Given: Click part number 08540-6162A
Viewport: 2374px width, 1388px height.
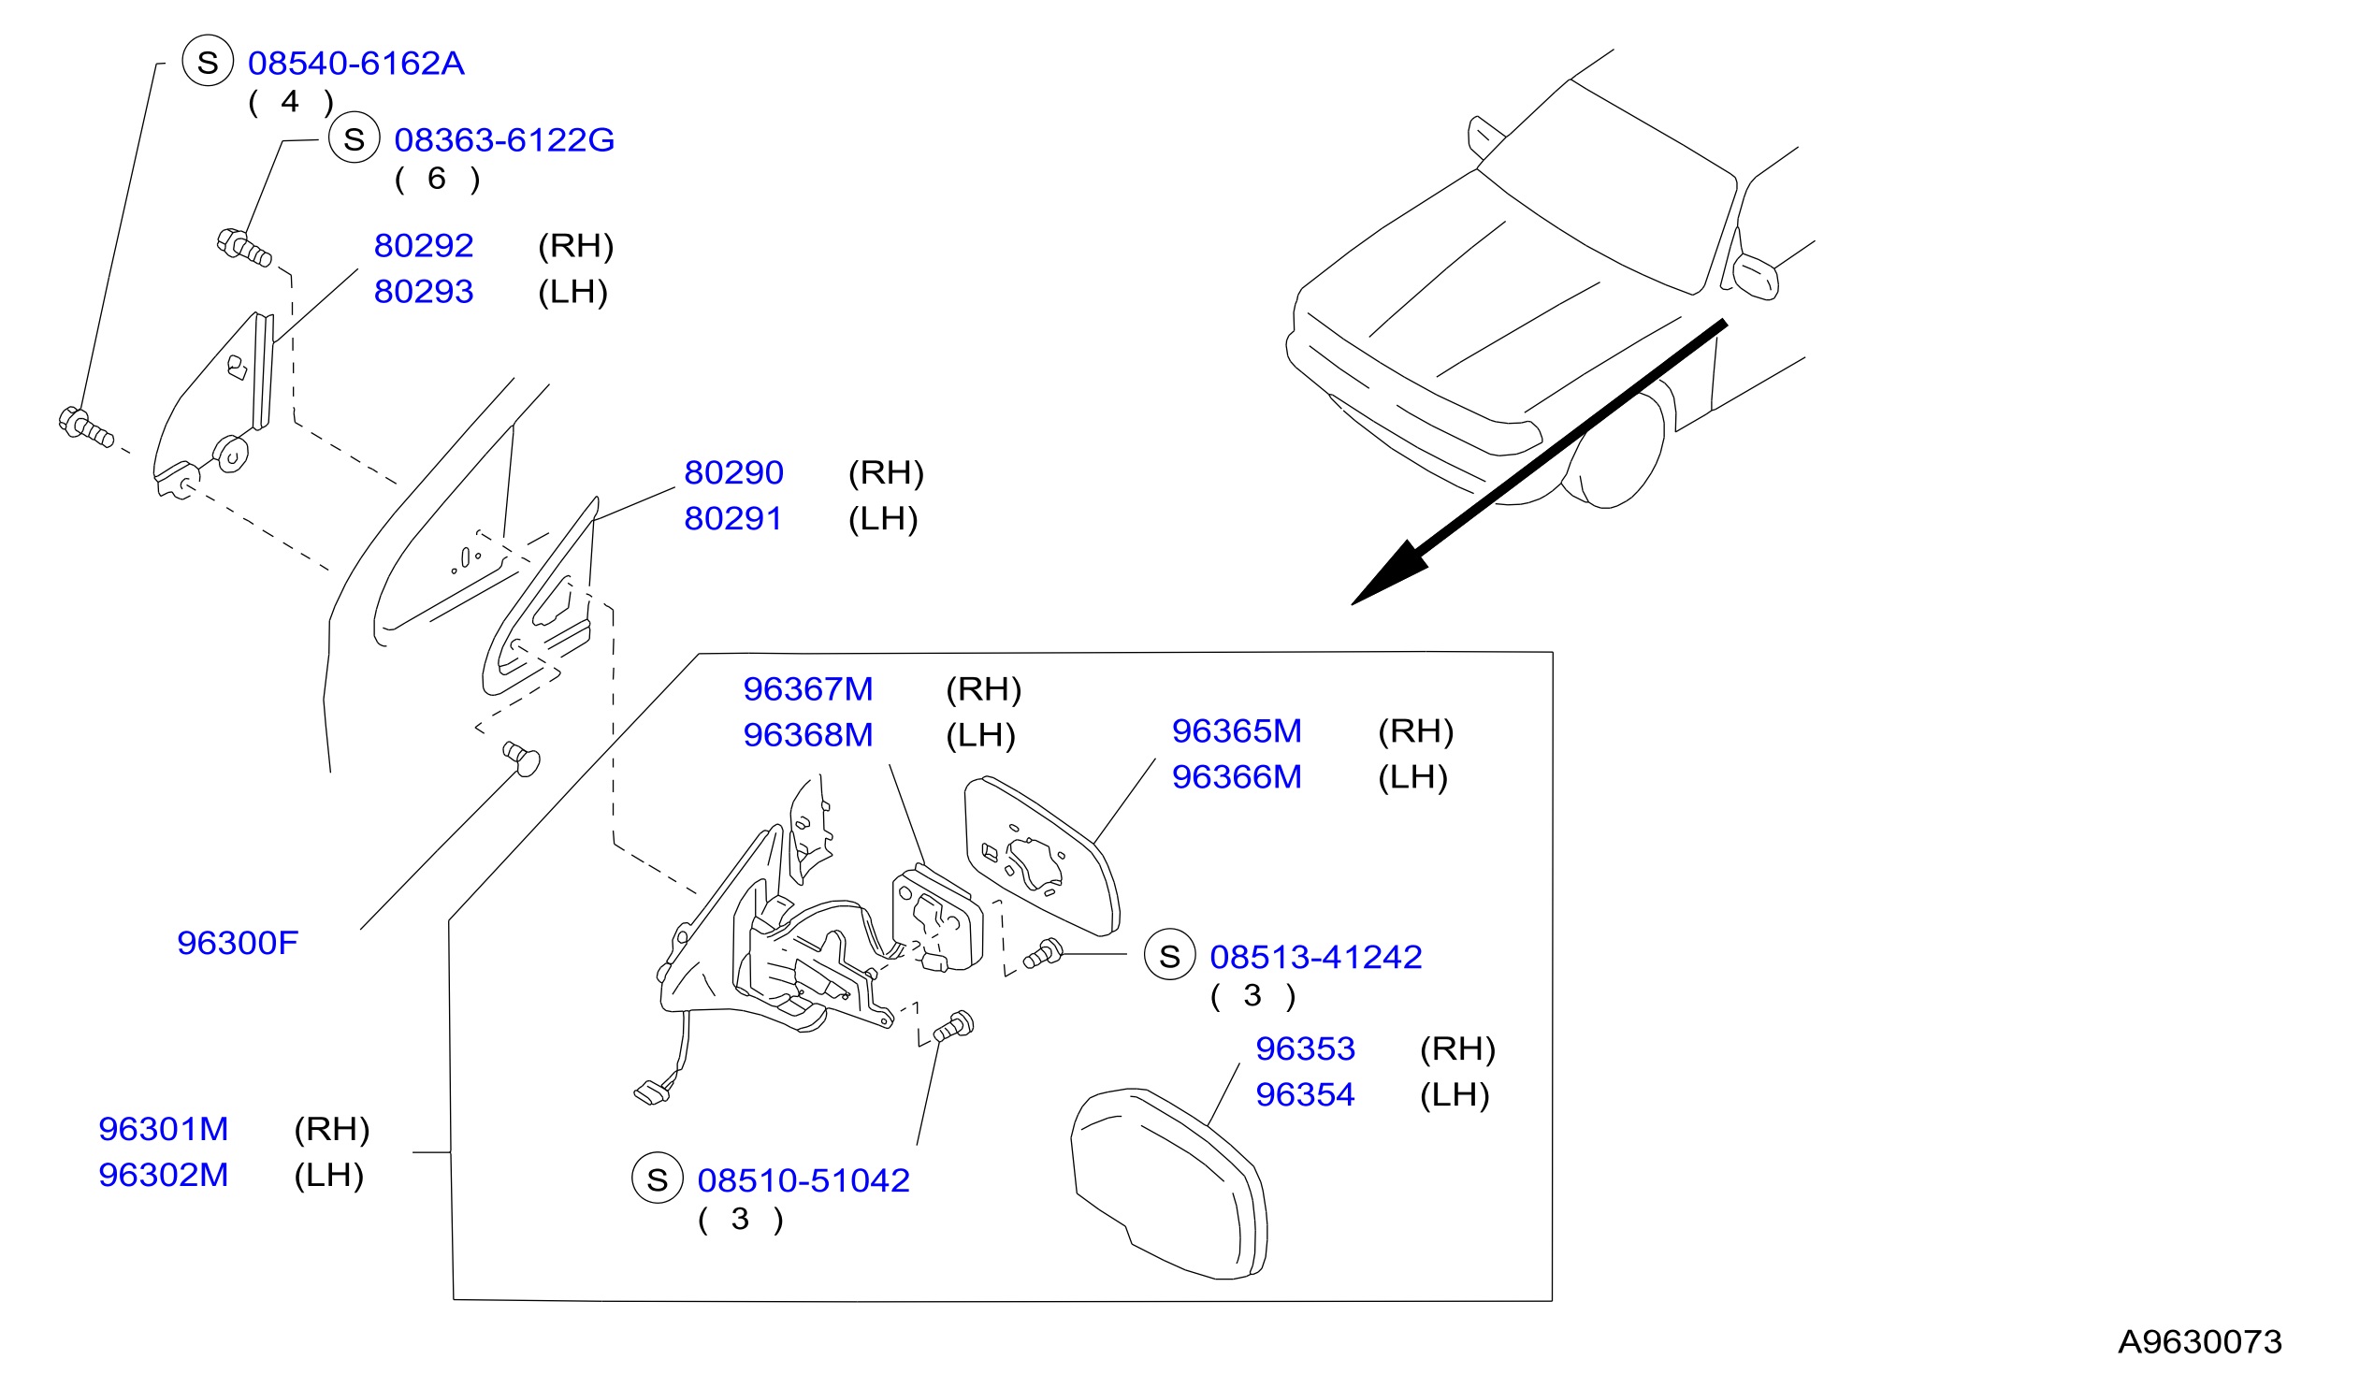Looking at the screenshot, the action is click(x=356, y=64).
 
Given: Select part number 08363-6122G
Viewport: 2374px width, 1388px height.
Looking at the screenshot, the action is click(x=504, y=140).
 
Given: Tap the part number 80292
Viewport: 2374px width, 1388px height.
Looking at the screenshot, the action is click(x=423, y=246).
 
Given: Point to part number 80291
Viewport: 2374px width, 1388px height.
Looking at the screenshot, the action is click(x=733, y=519).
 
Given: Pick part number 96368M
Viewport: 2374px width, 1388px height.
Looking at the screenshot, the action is click(x=807, y=735).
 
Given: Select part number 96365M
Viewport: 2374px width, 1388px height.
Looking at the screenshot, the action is click(x=1236, y=731).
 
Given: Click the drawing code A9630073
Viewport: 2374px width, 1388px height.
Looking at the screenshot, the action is click(x=2200, y=1342).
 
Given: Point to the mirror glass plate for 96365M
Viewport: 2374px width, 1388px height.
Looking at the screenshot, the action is click(x=1041, y=856).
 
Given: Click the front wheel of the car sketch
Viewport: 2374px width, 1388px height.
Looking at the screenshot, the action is click(x=1613, y=452).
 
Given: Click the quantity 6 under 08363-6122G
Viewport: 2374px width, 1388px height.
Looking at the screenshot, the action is click(x=436, y=178).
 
